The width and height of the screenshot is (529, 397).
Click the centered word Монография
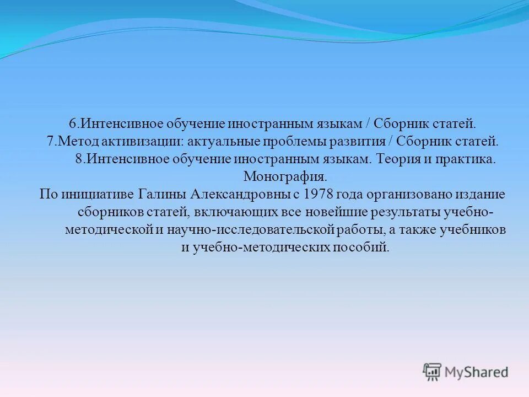(285, 177)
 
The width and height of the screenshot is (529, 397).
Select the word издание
(481, 195)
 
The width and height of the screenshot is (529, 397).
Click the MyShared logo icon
(433, 372)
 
